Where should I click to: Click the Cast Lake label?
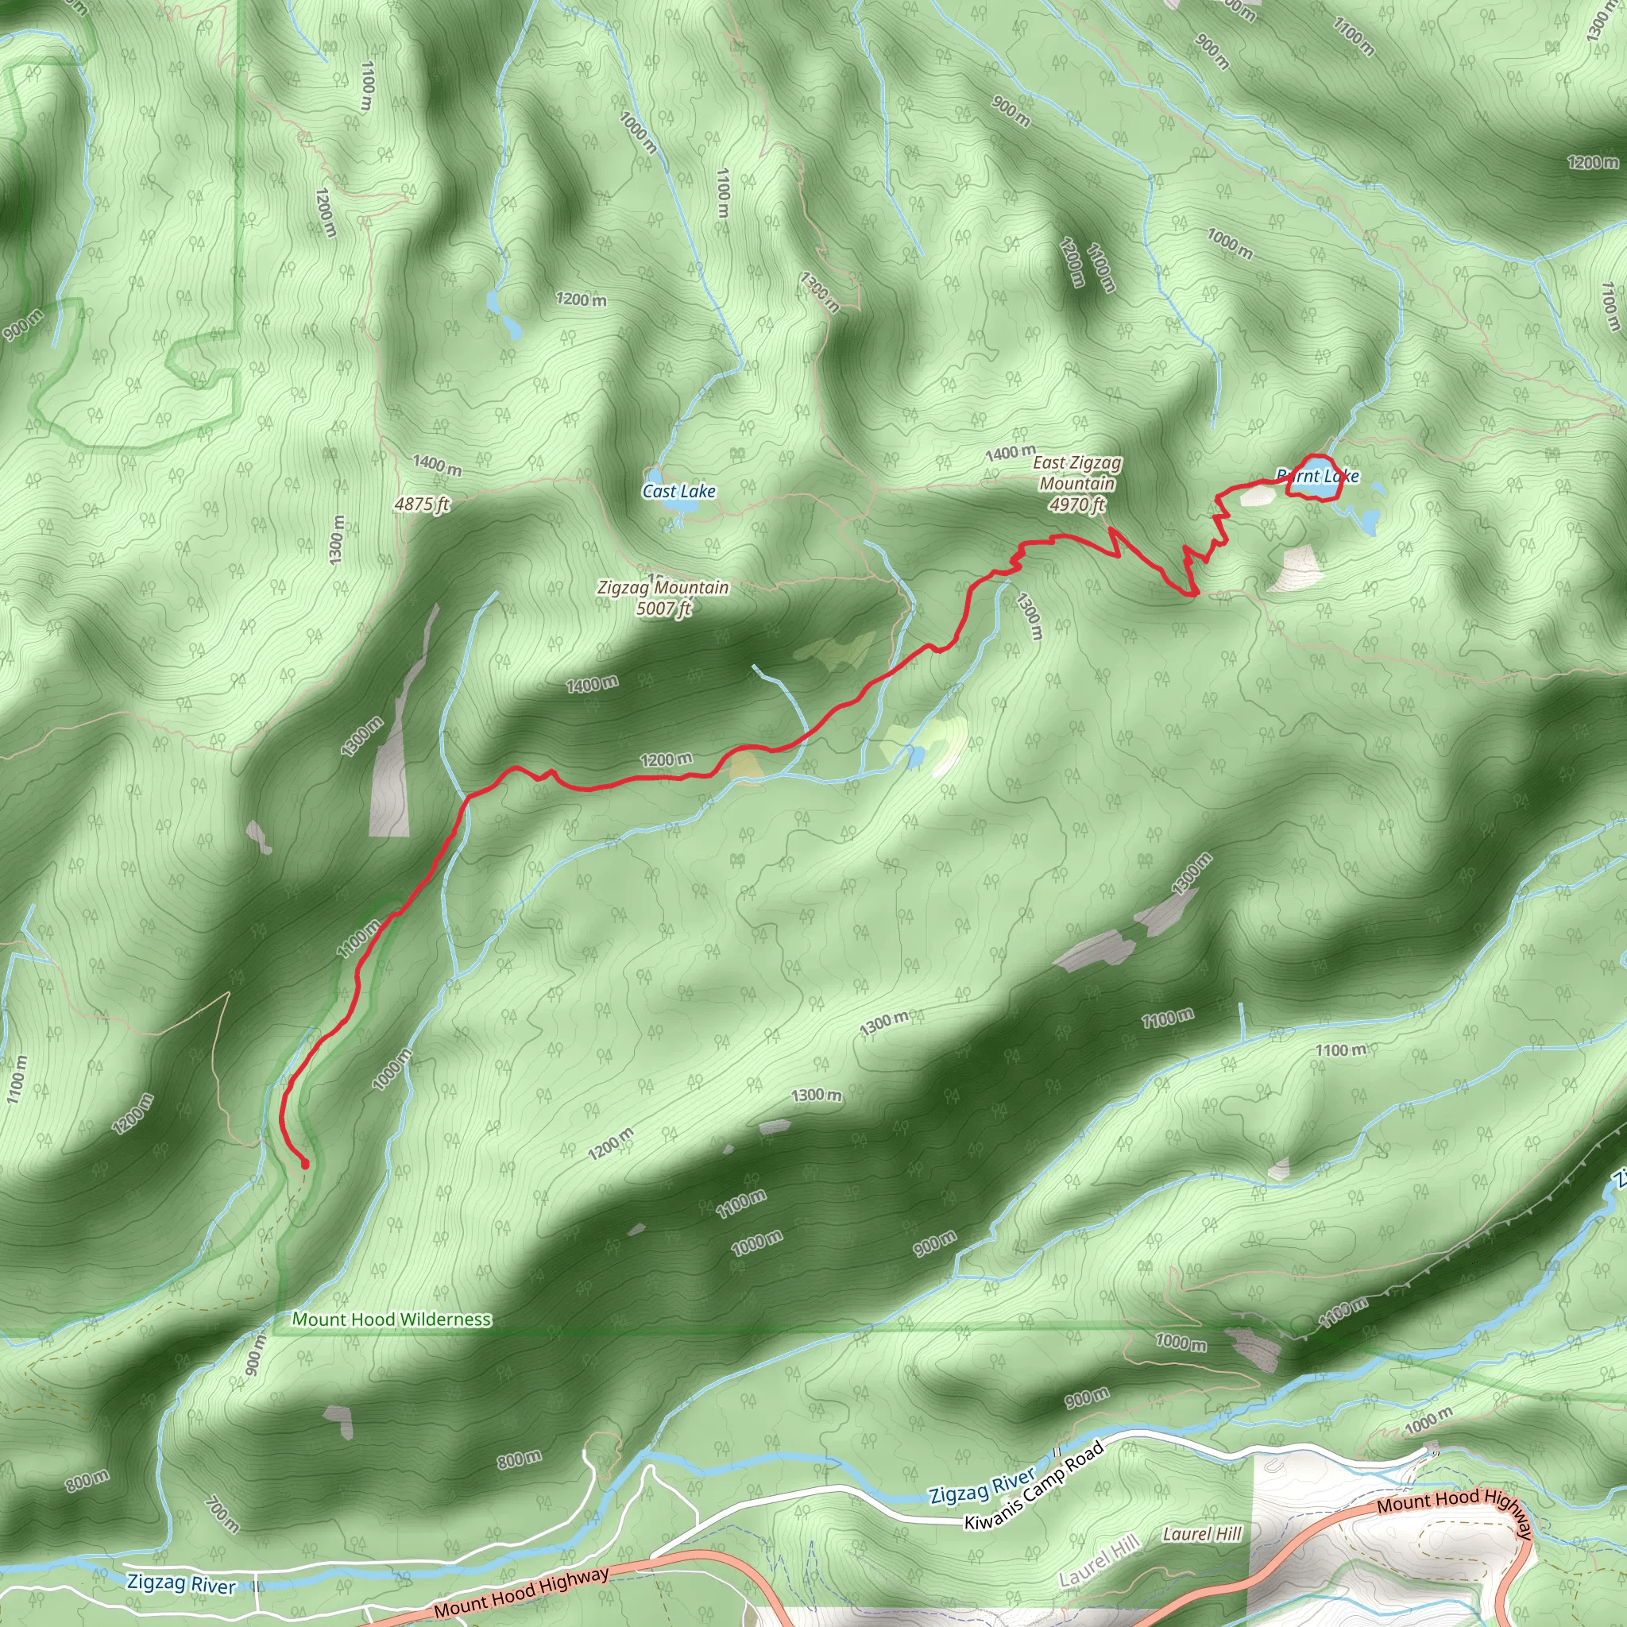click(x=678, y=491)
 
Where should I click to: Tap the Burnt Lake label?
click(x=1318, y=476)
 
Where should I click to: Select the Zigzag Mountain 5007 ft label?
click(x=663, y=597)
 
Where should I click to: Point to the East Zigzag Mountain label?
click(x=1077, y=473)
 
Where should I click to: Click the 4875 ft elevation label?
click(x=422, y=504)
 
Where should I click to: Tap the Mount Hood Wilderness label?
click(x=392, y=1319)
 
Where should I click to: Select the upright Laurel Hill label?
click(x=1202, y=1533)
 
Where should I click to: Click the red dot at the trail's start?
click(x=305, y=1165)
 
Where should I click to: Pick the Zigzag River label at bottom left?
click(x=181, y=1583)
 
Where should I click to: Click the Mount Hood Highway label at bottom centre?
click(x=521, y=1591)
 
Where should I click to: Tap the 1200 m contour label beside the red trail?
click(x=665, y=760)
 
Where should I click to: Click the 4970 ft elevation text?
click(x=1077, y=504)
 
